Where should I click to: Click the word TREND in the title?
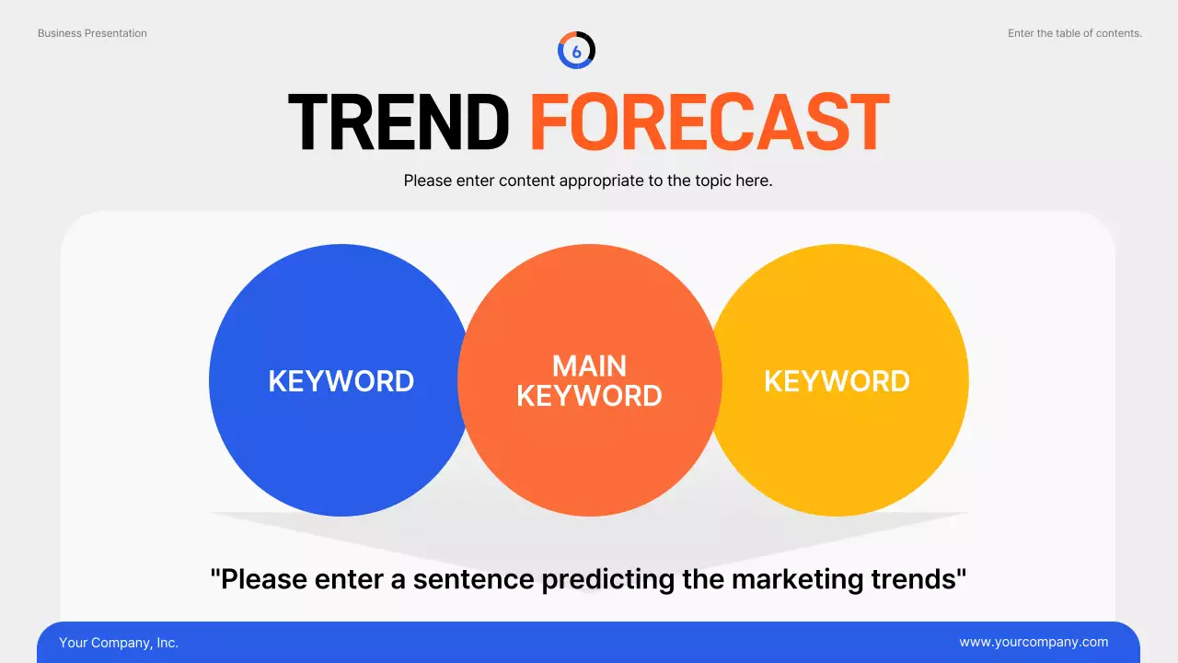point(398,122)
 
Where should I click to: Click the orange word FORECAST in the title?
point(710,122)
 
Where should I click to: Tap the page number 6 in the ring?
point(577,52)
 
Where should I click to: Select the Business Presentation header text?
point(92,33)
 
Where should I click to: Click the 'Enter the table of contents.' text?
point(1074,33)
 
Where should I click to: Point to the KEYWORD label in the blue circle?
point(341,381)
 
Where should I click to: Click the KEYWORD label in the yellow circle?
point(837,381)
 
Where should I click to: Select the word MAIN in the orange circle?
point(589,366)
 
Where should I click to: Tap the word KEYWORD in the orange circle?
point(589,396)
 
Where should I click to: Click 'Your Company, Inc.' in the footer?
point(119,643)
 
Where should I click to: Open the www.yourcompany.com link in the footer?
point(1034,643)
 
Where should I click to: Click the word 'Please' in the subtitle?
point(428,180)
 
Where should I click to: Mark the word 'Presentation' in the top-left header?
point(115,33)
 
